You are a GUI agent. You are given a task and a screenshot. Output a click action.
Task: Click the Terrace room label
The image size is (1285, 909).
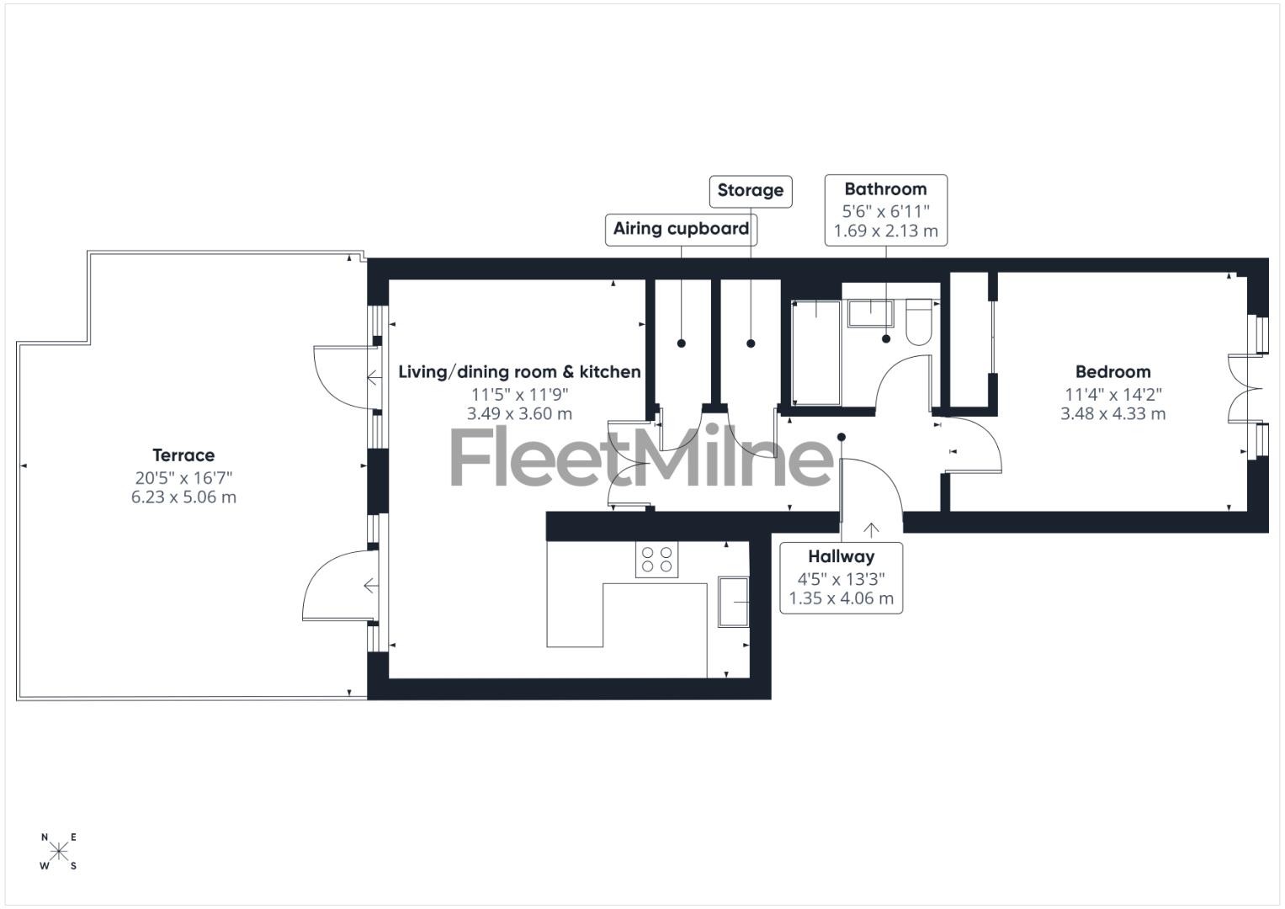183,455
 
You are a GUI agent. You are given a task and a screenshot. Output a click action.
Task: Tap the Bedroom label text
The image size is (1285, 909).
1112,372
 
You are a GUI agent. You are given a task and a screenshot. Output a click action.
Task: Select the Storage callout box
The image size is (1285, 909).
750,191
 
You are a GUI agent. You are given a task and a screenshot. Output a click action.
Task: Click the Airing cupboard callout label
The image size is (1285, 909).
681,229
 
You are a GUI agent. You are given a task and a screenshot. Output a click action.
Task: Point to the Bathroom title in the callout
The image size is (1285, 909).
885,189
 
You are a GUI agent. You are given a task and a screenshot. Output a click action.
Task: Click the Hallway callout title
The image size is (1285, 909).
841,556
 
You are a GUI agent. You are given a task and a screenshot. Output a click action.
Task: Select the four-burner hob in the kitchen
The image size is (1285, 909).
656,560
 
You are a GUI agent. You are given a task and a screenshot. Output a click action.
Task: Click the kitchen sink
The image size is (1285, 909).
733,602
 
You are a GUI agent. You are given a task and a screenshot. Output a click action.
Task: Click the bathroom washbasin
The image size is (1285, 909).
870,313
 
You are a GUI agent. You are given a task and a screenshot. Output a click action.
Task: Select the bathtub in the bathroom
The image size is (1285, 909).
815,352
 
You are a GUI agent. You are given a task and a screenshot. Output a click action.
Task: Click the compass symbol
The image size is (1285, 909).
59,851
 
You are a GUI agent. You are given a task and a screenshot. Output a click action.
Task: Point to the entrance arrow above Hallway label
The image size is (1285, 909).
871,529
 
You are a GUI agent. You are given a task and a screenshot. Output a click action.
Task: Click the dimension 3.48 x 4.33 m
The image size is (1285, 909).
1112,414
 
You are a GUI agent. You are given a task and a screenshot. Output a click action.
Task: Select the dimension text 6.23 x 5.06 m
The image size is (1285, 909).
183,497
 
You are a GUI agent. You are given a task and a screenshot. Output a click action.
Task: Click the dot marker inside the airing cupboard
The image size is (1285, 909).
682,343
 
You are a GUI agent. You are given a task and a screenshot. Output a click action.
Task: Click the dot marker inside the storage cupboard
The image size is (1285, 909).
751,343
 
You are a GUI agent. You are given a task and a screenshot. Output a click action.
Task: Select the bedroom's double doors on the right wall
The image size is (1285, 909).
1245,387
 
